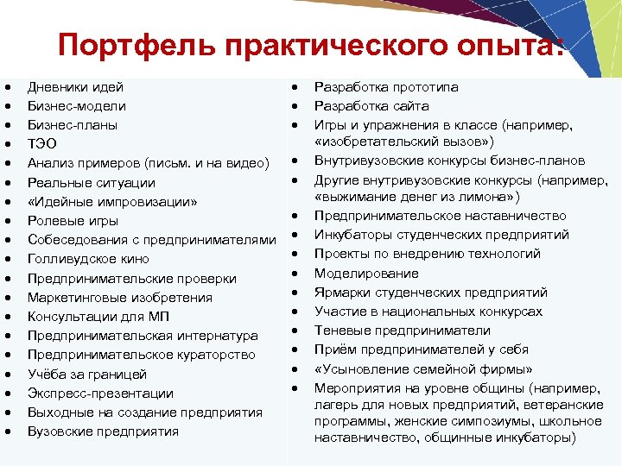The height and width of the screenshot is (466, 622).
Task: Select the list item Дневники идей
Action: coord(75,87)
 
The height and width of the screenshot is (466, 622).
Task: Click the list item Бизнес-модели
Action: coord(77,106)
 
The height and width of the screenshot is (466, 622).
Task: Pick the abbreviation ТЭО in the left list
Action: coord(42,144)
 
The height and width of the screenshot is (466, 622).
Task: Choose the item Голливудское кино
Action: coord(88,259)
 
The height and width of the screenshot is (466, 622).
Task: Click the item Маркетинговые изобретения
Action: coord(108,298)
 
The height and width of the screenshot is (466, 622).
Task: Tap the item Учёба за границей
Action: coord(87,375)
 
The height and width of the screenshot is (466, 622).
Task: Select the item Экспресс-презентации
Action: coord(100,394)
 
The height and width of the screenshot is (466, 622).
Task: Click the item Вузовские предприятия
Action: coord(103,431)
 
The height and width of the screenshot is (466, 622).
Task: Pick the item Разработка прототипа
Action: coord(386,87)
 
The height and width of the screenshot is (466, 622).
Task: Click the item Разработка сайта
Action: coord(371,106)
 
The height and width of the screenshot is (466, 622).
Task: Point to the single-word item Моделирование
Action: coord(366,274)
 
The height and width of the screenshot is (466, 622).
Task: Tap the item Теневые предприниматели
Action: coord(402,331)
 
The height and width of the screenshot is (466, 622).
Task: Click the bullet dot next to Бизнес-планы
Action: coord(8,126)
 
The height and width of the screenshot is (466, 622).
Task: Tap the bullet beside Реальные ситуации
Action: coord(8,183)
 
